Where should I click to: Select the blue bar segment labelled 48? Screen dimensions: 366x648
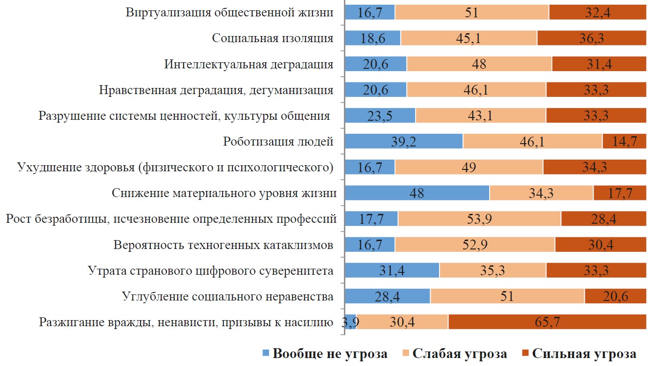coord(417,193)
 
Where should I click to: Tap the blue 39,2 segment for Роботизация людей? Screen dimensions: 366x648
coord(403,141)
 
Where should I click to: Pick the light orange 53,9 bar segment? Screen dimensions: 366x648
coord(479,219)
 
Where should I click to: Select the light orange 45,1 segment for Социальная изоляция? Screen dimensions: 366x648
coord(469,38)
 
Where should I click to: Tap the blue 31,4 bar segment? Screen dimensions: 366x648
coord(392,270)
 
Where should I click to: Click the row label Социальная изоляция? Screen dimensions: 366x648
coord(273,38)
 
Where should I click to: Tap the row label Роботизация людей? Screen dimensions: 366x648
coord(278,141)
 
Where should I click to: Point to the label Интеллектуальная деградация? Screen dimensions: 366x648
coord(249,64)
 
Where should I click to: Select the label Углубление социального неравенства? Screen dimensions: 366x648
coord(228,296)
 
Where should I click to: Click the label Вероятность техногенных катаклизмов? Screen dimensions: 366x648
coord(223,244)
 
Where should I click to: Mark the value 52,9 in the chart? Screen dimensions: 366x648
coord(475,244)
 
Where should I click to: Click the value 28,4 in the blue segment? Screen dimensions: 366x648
coord(387,296)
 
